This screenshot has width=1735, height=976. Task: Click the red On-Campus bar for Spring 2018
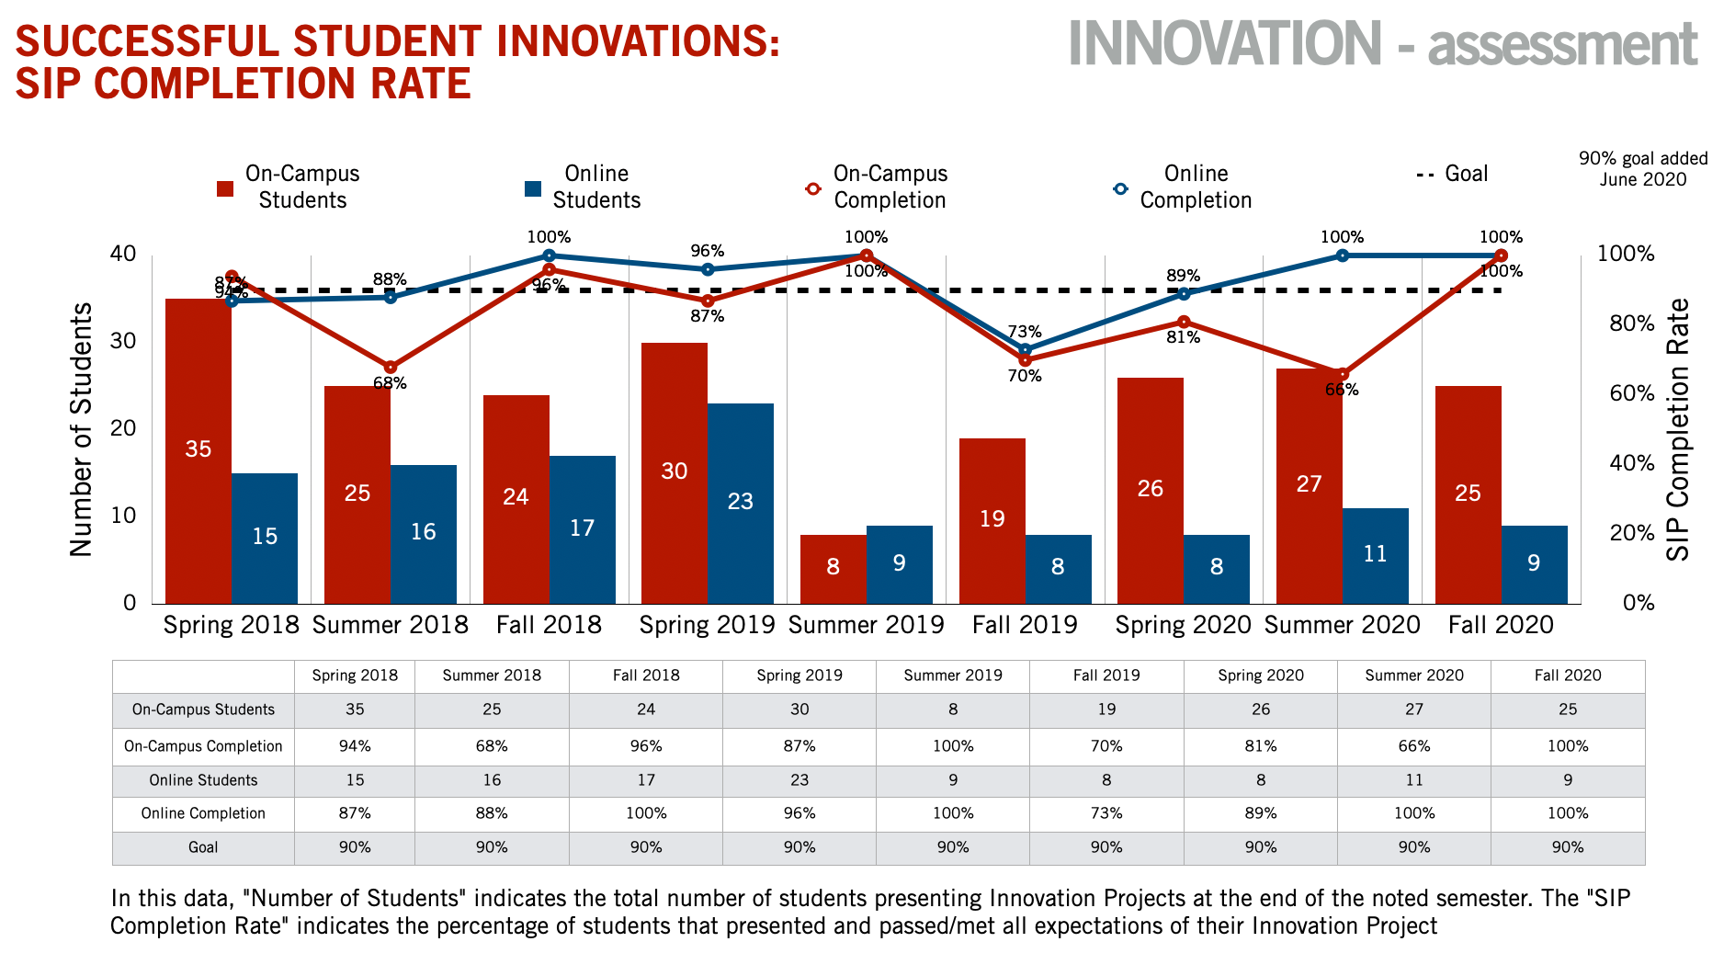[x=198, y=450]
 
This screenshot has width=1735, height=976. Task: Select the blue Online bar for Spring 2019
[x=741, y=503]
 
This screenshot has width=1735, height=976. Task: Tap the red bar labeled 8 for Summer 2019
[x=833, y=569]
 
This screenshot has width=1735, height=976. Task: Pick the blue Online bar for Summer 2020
[x=1375, y=555]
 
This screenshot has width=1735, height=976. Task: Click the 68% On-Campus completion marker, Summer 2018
[x=391, y=368]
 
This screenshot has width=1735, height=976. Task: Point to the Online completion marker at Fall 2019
[x=1025, y=349]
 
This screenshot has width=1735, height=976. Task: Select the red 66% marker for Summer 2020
[x=1343, y=375]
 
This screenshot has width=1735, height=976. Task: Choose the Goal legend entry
[x=1453, y=174]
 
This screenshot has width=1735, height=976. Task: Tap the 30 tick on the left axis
[x=123, y=341]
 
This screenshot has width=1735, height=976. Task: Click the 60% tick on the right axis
[x=1632, y=393]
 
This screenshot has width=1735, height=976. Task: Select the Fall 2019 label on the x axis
[x=1025, y=625]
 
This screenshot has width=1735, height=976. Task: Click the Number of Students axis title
[x=82, y=429]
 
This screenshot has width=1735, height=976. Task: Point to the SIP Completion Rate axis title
[x=1679, y=429]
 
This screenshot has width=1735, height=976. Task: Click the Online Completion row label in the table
[x=203, y=813]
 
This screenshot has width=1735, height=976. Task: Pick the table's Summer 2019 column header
[x=953, y=675]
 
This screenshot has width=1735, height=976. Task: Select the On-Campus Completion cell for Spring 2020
[x=1261, y=746]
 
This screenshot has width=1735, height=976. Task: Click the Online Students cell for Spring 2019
[x=799, y=780]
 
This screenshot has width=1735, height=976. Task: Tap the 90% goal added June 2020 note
[x=1643, y=168]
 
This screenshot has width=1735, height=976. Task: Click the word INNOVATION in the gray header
[x=1225, y=43]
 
